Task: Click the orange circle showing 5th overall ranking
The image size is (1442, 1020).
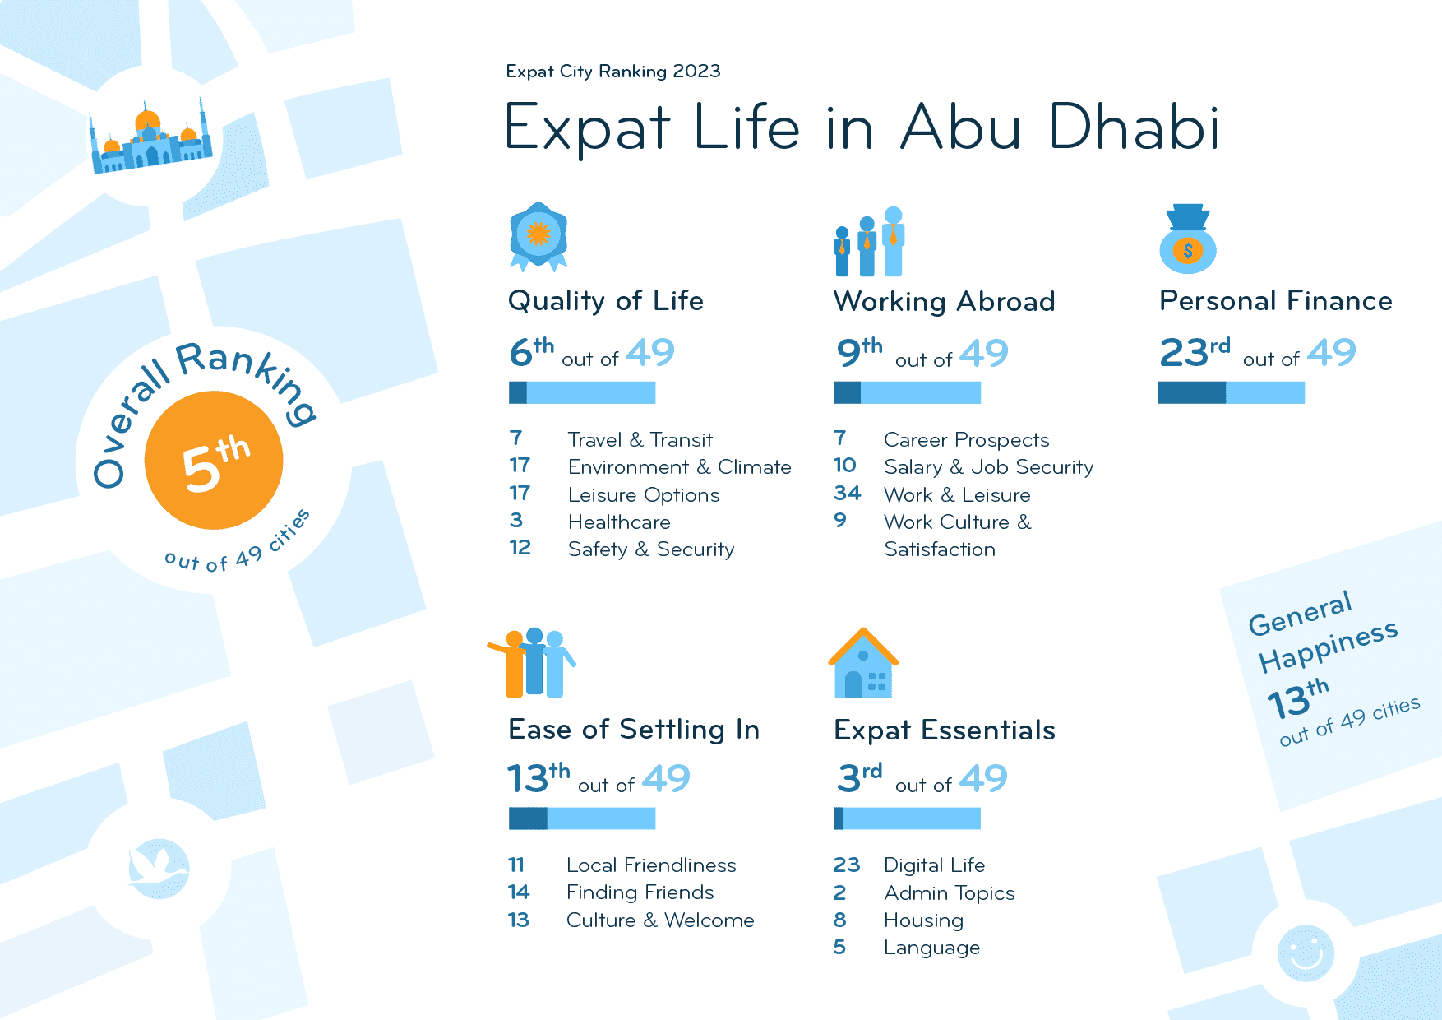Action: pyautogui.click(x=214, y=461)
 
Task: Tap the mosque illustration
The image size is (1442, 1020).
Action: pyautogui.click(x=150, y=140)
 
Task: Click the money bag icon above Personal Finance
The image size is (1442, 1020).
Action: pyautogui.click(x=1188, y=240)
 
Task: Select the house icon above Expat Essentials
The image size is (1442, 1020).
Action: pyautogui.click(x=863, y=665)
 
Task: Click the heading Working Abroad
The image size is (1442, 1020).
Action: pyautogui.click(x=944, y=302)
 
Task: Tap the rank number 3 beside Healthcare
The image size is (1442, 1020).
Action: pyautogui.click(x=516, y=521)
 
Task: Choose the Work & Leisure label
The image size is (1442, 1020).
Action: pyautogui.click(x=957, y=495)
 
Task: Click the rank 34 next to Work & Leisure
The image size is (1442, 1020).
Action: pyautogui.click(x=847, y=494)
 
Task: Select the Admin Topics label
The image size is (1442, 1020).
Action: pyautogui.click(x=949, y=893)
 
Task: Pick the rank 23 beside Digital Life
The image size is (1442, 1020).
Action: pyautogui.click(x=846, y=865)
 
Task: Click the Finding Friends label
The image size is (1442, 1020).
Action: pyautogui.click(x=640, y=892)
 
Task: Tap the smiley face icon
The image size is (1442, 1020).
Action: pyautogui.click(x=1306, y=953)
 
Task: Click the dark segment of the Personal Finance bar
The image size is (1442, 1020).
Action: pyautogui.click(x=1191, y=393)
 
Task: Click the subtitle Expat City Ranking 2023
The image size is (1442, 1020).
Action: pyautogui.click(x=613, y=72)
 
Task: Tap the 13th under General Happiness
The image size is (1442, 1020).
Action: pyautogui.click(x=1297, y=700)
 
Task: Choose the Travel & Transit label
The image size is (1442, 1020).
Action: pyautogui.click(x=640, y=440)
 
